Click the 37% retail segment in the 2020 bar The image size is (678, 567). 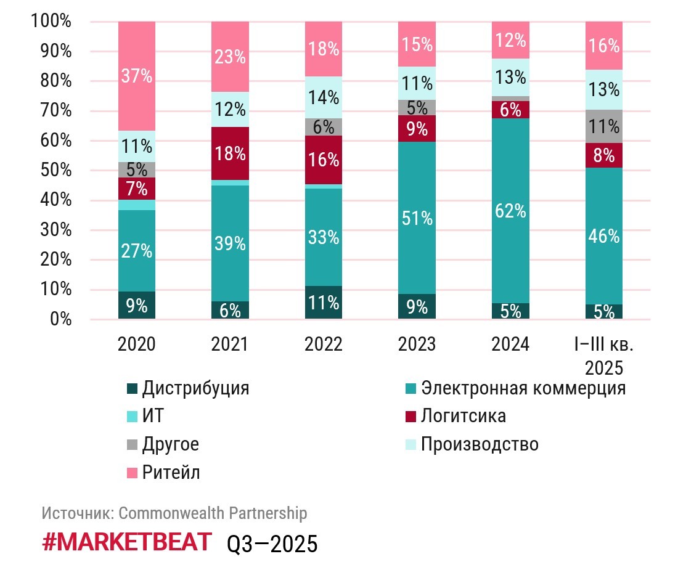(x=137, y=76)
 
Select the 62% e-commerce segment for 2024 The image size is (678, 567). (x=510, y=211)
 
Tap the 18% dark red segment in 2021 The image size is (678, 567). (x=230, y=153)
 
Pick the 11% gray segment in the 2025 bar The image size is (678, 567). (x=604, y=127)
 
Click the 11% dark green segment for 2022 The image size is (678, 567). (x=324, y=303)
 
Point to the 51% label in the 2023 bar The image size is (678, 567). (x=417, y=219)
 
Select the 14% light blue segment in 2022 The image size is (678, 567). (x=324, y=98)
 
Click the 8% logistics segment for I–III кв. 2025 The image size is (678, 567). (x=604, y=155)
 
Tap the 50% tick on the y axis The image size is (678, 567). (x=51, y=171)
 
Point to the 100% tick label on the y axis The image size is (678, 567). (x=51, y=22)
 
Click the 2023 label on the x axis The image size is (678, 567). (x=417, y=345)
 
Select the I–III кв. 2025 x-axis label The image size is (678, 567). (x=604, y=356)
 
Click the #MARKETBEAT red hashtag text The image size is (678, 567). (x=126, y=542)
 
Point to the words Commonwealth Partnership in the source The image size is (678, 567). (x=213, y=513)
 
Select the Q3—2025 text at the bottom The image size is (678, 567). (x=272, y=544)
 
